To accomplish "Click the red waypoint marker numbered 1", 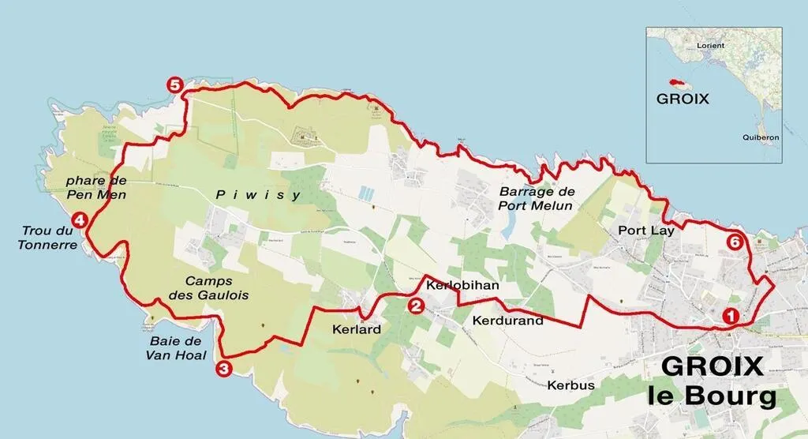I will [x=731, y=315].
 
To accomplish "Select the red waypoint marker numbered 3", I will [x=223, y=367].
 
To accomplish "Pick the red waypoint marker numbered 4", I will [x=78, y=220].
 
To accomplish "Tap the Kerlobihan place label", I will [x=462, y=285].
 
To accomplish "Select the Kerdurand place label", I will [x=507, y=321].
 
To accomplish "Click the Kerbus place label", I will [x=570, y=385].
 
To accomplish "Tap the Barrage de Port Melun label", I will [x=537, y=198].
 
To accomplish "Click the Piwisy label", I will [x=259, y=195].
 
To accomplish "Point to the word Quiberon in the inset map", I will [x=760, y=137].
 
